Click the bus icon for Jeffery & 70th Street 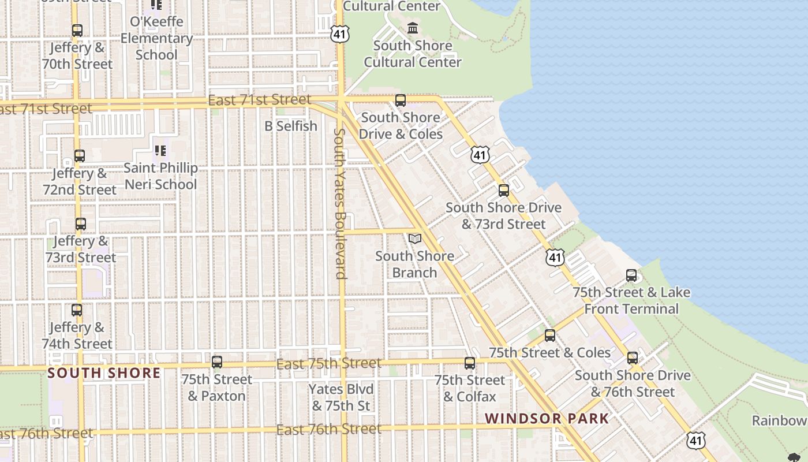tap(77, 31)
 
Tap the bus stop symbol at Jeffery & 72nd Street tap(80, 156)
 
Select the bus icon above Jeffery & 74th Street tap(77, 310)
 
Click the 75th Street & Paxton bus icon tap(217, 362)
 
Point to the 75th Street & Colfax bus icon tap(470, 363)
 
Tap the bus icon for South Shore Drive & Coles tap(401, 100)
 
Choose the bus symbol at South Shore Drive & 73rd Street tap(504, 191)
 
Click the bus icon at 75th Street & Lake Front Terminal tap(631, 275)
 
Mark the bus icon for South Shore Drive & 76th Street tap(633, 358)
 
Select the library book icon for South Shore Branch tap(414, 239)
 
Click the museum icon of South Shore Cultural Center tap(413, 28)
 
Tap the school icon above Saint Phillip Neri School tap(160, 151)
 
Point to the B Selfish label tap(291, 126)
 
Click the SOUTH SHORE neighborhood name tap(104, 373)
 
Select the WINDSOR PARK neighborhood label tap(547, 419)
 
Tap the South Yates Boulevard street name tap(340, 203)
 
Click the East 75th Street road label tap(329, 364)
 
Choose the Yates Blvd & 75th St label tap(341, 397)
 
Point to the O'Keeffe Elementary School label tap(156, 38)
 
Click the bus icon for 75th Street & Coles tap(550, 336)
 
